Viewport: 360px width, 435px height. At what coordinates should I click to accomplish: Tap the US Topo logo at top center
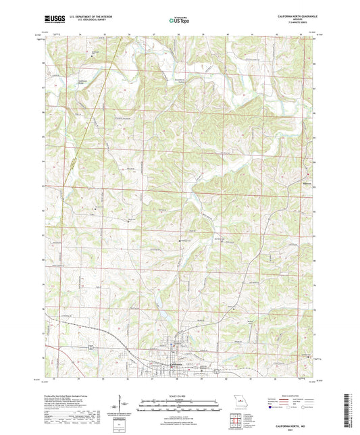pos(179,20)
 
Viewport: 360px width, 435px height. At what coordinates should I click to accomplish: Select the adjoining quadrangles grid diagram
pos(236,419)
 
